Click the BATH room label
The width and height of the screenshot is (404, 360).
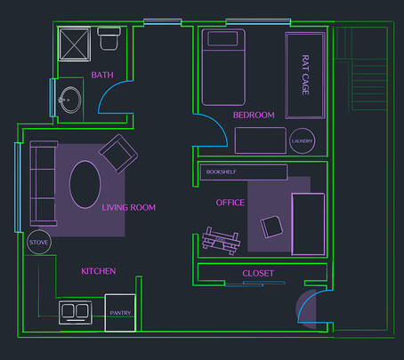click(x=102, y=75)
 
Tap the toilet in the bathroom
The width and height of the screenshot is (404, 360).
click(x=109, y=38)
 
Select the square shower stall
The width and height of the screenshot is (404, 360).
click(x=75, y=44)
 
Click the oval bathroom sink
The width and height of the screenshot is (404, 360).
click(x=70, y=100)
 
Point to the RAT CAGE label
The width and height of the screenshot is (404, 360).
click(x=305, y=75)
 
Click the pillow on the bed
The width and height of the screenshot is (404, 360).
click(x=222, y=38)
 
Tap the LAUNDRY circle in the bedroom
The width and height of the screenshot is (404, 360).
click(x=302, y=141)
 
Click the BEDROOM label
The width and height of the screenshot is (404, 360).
click(x=254, y=115)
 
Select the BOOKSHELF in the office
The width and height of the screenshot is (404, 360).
click(x=244, y=172)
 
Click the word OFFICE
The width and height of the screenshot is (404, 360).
click(x=230, y=203)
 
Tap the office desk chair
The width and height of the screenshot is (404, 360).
click(x=271, y=227)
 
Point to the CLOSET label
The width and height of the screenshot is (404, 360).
click(x=258, y=273)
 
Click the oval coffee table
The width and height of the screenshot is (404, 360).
click(x=85, y=184)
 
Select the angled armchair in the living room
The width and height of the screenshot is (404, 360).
click(x=118, y=154)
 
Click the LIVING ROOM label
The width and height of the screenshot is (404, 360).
click(x=128, y=207)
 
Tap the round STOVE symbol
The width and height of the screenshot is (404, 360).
click(x=39, y=242)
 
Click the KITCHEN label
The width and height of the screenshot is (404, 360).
click(x=99, y=271)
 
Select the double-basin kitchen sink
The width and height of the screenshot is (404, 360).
click(x=76, y=313)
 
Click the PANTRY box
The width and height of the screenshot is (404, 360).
click(x=120, y=313)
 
